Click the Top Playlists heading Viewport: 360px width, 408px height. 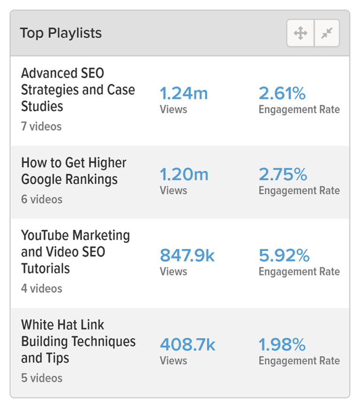pyautogui.click(x=60, y=33)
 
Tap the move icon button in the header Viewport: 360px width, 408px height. pyautogui.click(x=300, y=33)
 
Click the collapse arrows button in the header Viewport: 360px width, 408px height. pyautogui.click(x=327, y=33)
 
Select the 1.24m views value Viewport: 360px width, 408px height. pyautogui.click(x=184, y=94)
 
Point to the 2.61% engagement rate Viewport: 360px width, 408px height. pyautogui.click(x=282, y=94)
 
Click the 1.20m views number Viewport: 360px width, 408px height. pyautogui.click(x=184, y=175)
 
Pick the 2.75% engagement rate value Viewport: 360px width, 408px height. pyautogui.click(x=283, y=175)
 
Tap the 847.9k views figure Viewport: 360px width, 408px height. pyautogui.click(x=187, y=256)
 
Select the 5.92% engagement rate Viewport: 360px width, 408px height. pyautogui.click(x=284, y=256)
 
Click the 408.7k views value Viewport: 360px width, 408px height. pyautogui.click(x=187, y=345)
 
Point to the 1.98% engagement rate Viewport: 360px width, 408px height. pyautogui.click(x=282, y=345)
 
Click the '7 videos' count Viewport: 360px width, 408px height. pyautogui.click(x=41, y=127)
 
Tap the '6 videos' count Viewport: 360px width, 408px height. pyautogui.click(x=42, y=199)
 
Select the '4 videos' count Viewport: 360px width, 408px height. pyautogui.click(x=42, y=288)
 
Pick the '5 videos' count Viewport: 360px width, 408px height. pyautogui.click(x=42, y=378)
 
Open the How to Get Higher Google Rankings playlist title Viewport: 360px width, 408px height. pyautogui.click(x=74, y=171)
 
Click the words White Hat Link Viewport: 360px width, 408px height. pyautogui.click(x=62, y=325)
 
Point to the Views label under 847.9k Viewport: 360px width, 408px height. pyautogui.click(x=173, y=272)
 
